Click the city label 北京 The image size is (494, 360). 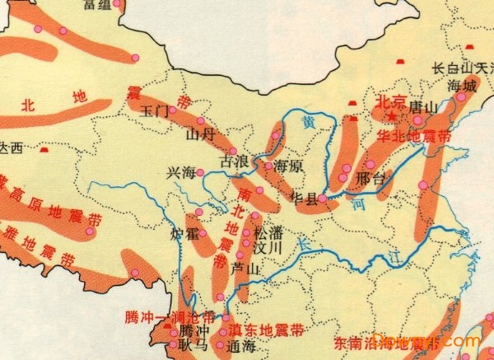click(x=391, y=101)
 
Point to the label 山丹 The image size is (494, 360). click(x=200, y=133)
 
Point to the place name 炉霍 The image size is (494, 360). click(x=184, y=235)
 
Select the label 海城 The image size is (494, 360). click(x=461, y=85)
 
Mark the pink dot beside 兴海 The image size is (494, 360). click(x=199, y=173)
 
